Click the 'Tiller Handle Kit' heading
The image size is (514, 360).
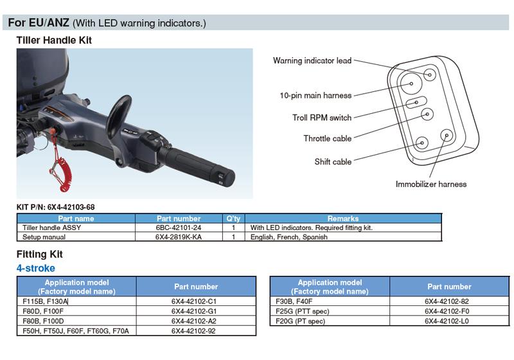54,40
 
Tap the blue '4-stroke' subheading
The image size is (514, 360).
36,268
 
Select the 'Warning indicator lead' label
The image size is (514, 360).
312,60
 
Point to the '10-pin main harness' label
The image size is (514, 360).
315,95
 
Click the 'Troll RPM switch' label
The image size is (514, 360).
322,118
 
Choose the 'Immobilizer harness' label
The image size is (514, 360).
431,184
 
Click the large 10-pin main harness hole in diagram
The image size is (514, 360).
411,84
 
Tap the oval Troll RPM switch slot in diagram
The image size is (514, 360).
416,103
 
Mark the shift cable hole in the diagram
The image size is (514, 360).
422,143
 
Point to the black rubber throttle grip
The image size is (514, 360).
196,165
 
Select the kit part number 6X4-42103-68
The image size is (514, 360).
71,207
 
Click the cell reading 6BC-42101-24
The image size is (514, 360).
179,228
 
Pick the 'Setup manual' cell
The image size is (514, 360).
44,237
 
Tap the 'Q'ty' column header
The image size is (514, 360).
233,219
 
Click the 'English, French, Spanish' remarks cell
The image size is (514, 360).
288,237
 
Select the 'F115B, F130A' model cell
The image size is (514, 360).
45,301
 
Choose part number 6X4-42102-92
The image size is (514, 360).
193,331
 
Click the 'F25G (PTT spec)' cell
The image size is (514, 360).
302,311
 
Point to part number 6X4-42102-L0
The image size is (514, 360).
447,321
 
